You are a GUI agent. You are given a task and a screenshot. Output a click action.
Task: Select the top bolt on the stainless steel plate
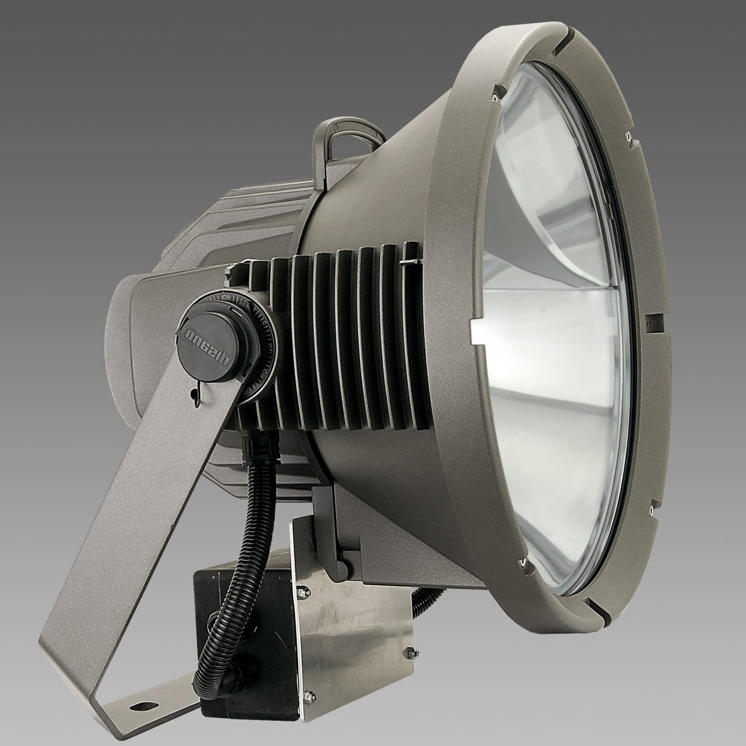point(301,591)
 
